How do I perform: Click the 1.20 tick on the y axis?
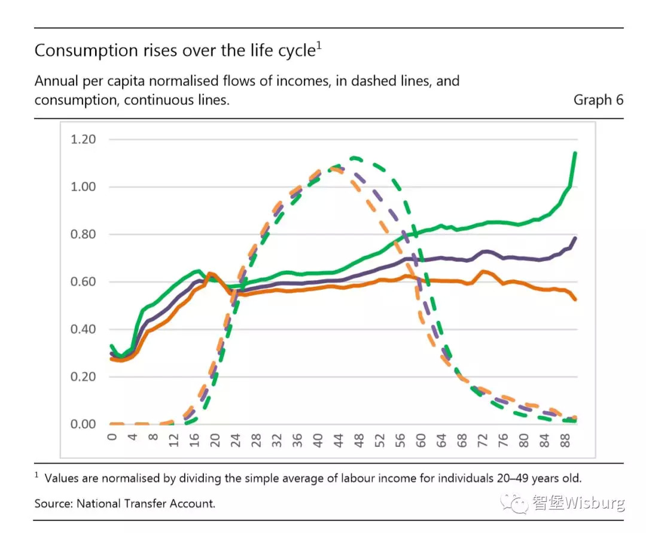(x=84, y=139)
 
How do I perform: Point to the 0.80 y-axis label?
(x=84, y=234)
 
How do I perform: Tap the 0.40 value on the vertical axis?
(x=84, y=329)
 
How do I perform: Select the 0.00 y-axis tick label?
(x=84, y=424)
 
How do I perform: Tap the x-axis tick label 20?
(x=215, y=440)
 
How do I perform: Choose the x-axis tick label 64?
(x=440, y=440)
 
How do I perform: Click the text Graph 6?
(x=598, y=100)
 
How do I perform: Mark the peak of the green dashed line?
(x=355, y=158)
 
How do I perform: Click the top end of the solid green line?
(x=575, y=154)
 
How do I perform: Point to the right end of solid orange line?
(x=575, y=299)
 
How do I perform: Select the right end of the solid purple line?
(x=575, y=238)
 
